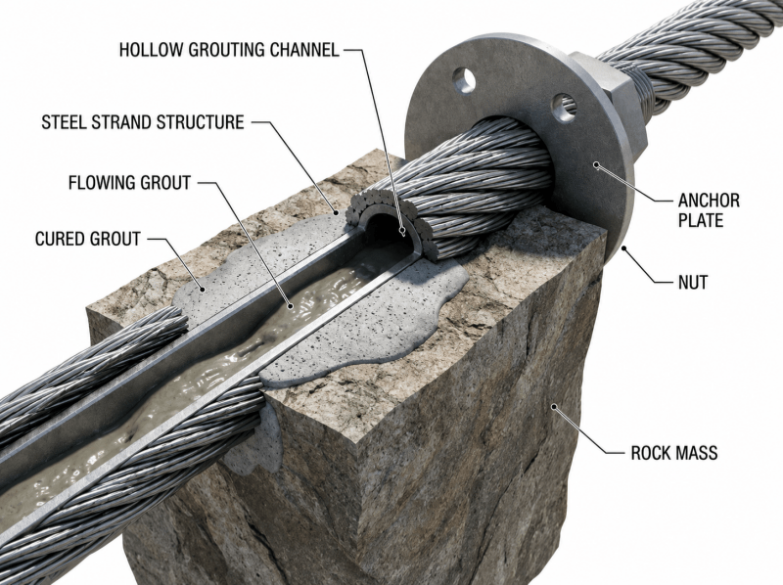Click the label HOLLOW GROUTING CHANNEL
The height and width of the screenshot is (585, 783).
[x=229, y=50]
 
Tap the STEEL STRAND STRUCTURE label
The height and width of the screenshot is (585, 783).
[x=143, y=122]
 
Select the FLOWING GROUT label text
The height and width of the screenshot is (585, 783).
[x=129, y=183]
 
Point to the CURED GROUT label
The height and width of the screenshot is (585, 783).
[x=88, y=239]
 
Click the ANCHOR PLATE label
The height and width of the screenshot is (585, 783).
[x=709, y=210]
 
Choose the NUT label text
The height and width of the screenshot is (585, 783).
[x=693, y=283]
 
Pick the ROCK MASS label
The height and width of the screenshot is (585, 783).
[x=674, y=453]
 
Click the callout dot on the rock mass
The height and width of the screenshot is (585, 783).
[x=553, y=407]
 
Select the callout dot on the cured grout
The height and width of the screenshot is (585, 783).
[x=203, y=289]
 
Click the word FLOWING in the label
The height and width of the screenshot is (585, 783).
[x=102, y=183]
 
